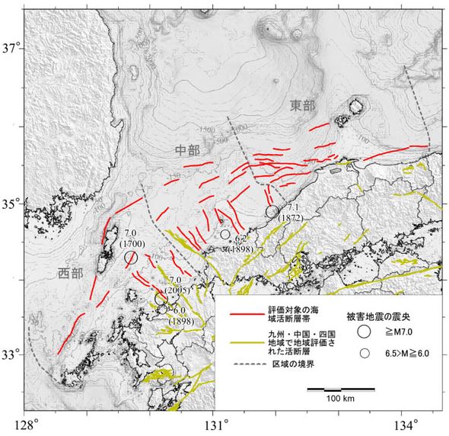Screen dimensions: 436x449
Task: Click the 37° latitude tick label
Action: tap(11, 49)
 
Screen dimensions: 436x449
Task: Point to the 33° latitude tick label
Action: tap(11, 355)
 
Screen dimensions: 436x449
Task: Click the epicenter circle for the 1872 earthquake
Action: tap(272, 211)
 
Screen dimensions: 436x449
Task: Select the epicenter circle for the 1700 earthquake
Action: tap(131, 258)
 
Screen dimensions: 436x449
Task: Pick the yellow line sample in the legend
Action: tap(246, 339)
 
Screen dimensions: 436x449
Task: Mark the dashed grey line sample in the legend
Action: tap(246, 364)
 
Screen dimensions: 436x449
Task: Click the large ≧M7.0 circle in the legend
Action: tap(365, 332)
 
